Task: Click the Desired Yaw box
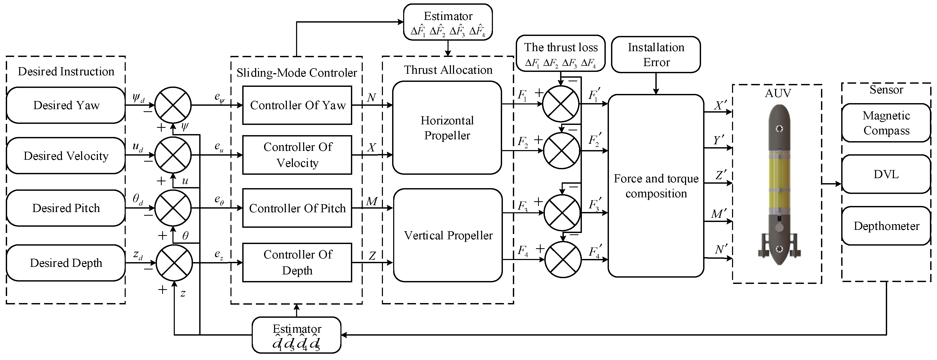click(x=66, y=105)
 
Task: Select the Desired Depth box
click(x=66, y=263)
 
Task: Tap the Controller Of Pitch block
click(x=297, y=208)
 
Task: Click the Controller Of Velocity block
click(x=297, y=155)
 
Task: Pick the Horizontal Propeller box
click(x=447, y=128)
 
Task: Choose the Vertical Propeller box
click(x=448, y=235)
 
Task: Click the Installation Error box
click(x=656, y=55)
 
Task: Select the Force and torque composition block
click(x=656, y=186)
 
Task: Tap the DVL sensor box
click(x=886, y=174)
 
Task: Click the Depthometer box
click(x=886, y=226)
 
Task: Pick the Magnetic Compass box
click(x=886, y=123)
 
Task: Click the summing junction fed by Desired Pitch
click(x=173, y=208)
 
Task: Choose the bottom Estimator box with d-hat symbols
click(x=296, y=335)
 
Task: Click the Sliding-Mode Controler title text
click(x=296, y=73)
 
